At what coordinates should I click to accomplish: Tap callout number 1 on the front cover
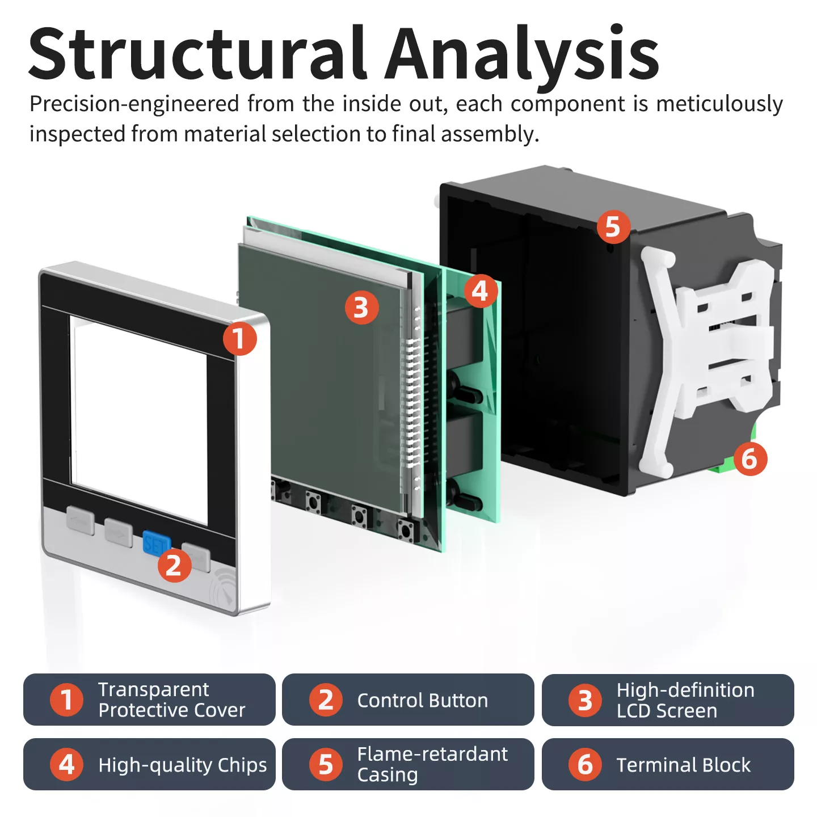239,339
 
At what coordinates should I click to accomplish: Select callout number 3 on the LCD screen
361,308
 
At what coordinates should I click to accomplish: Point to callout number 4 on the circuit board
481,291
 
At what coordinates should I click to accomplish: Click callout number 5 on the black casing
613,226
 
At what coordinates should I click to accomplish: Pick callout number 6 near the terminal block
749,458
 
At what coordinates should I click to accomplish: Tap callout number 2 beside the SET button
174,565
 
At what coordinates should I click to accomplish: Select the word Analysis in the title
522,54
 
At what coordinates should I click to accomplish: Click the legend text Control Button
422,700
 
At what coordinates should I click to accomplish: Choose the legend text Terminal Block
683,765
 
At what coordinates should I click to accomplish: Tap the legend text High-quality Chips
182,765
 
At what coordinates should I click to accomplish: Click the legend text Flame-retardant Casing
432,764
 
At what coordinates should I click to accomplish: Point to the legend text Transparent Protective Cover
171,700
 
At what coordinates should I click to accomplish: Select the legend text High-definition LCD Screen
685,700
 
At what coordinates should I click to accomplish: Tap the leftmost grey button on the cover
81,519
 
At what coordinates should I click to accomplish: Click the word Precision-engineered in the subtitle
134,104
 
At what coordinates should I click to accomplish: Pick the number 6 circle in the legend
585,764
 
